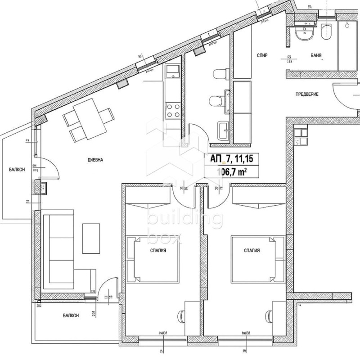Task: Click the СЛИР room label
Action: point(263,55)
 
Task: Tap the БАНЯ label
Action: point(315,55)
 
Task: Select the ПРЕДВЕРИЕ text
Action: point(307,94)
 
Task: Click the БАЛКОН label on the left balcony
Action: point(17,169)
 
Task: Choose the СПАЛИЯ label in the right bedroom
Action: point(252,252)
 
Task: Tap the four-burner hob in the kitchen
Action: point(173,110)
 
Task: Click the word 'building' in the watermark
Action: point(184,220)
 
